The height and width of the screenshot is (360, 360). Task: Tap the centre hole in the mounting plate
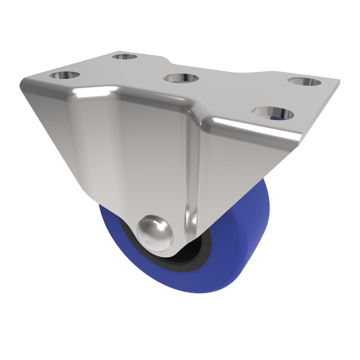point(181,78)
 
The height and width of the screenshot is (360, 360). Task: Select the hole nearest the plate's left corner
point(64,75)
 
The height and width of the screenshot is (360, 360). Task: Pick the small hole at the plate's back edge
point(124,57)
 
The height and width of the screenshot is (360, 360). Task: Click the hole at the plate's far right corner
point(305,82)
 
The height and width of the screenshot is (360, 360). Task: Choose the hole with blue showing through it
point(273,113)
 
